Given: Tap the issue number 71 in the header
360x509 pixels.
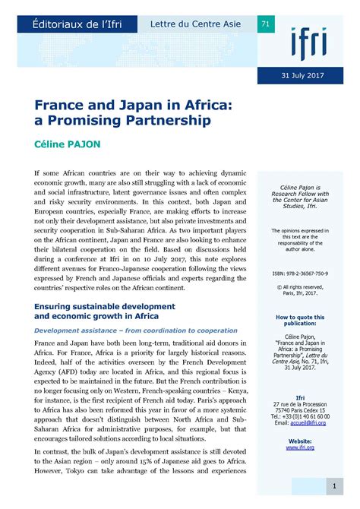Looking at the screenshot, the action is (265, 24).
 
